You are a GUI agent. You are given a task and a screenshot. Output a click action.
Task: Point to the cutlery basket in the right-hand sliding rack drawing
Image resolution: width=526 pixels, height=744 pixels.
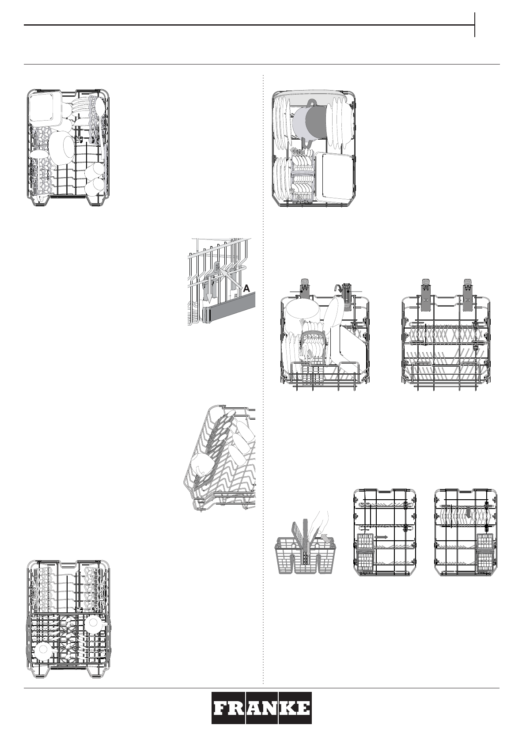[x=487, y=552]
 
